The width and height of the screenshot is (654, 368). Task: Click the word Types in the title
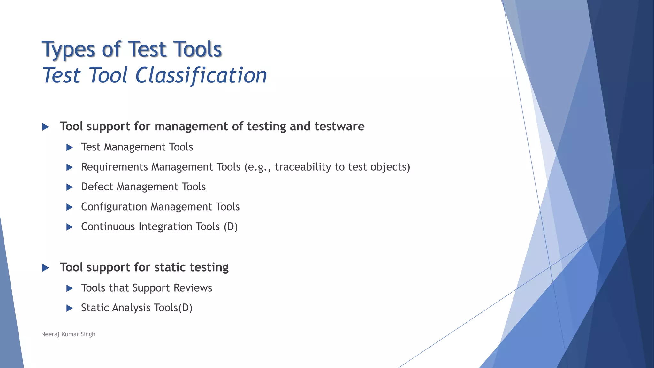68,50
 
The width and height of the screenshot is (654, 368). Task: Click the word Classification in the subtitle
201,76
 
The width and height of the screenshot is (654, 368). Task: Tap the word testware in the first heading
339,126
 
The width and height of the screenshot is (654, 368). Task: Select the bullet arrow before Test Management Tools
69,148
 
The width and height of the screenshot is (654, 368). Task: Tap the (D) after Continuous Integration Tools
231,227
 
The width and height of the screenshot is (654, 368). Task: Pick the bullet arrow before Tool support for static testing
45,268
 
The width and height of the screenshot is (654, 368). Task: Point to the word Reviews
193,288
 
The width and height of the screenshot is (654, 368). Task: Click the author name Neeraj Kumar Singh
68,334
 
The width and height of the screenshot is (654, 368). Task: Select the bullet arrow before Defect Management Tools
69,187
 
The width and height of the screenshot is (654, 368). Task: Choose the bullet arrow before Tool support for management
45,127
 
